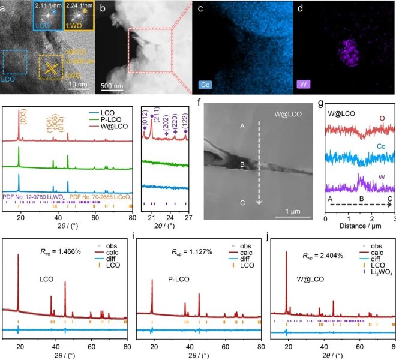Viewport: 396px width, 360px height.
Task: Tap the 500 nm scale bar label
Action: click(x=113, y=85)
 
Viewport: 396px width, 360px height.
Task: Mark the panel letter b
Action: click(x=103, y=8)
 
